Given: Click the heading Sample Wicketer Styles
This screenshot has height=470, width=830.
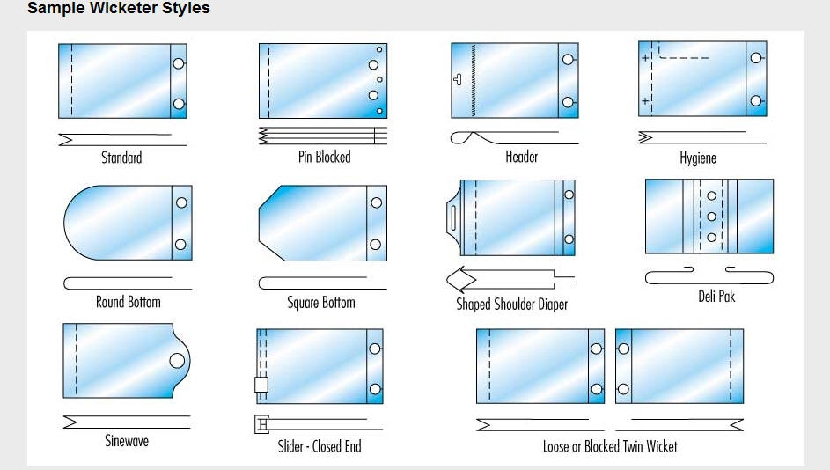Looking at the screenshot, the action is [119, 8].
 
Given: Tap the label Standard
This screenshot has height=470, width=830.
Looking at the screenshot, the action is [121, 158].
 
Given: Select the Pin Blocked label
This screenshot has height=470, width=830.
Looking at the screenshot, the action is [325, 157].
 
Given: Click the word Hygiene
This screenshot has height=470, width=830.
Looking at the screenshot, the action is [698, 158].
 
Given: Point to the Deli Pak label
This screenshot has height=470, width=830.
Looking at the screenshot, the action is [716, 296].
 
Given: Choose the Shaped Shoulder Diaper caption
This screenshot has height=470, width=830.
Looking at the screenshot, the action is [512, 304].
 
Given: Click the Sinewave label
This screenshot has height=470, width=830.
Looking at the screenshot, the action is [127, 440].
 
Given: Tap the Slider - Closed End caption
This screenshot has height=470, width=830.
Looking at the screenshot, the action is [320, 446].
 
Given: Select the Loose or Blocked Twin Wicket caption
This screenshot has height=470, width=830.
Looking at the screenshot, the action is [610, 446].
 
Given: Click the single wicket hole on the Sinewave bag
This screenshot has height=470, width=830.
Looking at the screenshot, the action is [177, 361].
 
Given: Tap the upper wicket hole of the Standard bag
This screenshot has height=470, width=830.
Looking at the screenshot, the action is [179, 63].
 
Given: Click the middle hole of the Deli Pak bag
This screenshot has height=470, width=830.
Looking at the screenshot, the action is [712, 217].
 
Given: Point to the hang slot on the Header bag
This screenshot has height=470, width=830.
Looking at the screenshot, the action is [458, 79].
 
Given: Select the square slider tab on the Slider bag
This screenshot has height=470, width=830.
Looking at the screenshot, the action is [261, 385].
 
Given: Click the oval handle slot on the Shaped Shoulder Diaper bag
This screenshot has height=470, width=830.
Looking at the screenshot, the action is [453, 217].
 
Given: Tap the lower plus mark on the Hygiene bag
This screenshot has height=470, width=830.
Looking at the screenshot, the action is [645, 100].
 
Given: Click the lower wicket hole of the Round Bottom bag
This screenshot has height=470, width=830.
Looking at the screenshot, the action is [180, 245].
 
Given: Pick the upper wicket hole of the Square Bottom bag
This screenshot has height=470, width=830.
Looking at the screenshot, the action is [377, 202].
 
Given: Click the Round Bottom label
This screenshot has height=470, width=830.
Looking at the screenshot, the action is [129, 302].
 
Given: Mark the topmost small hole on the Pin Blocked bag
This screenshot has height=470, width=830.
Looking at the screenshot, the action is [379, 50].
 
